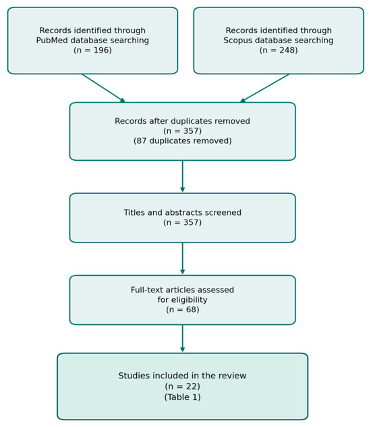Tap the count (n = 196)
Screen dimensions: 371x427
tap(92, 50)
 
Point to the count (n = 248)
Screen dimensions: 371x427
tap(279, 50)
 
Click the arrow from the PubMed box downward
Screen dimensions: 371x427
tap(104, 89)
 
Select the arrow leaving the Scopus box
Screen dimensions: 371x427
tap(264, 89)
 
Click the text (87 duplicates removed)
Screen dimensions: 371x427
tap(183, 141)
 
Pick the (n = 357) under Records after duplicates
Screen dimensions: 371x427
tap(183, 131)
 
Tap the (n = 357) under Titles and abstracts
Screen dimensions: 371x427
tap(183, 222)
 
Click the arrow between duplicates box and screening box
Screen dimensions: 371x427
tap(183, 176)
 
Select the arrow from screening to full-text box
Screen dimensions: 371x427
tap(183, 259)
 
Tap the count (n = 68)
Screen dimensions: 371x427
tap(183, 309)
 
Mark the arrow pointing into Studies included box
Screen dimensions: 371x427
tap(183, 338)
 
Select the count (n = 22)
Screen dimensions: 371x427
tap(183, 386)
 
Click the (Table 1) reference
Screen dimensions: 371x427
tap(183, 397)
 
